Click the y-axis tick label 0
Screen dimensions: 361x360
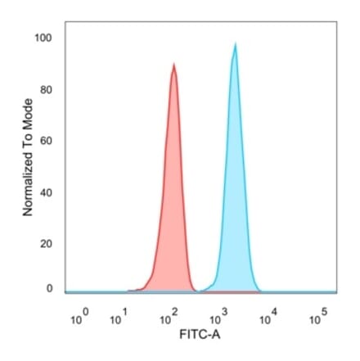point(49,288)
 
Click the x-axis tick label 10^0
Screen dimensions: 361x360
point(79,318)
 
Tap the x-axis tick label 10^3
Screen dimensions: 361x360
point(218,318)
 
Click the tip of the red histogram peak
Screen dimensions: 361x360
point(173,64)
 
